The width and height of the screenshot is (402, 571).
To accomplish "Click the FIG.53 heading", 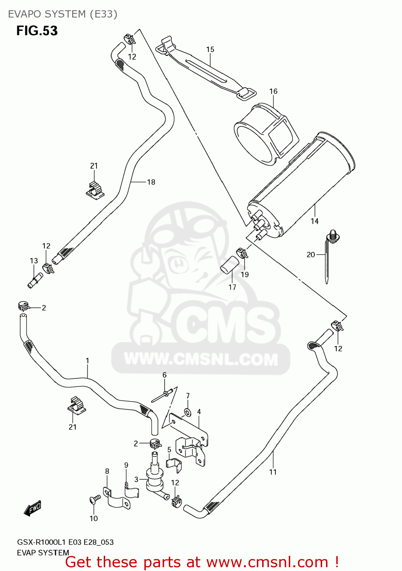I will pyautogui.click(x=37, y=31).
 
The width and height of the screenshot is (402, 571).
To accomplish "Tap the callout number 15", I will pyautogui.click(x=210, y=49).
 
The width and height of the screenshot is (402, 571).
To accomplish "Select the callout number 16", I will pyautogui.click(x=273, y=91).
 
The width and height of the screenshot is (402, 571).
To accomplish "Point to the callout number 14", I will pyautogui.click(x=314, y=221).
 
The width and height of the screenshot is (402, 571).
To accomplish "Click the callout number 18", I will pyautogui.click(x=151, y=182).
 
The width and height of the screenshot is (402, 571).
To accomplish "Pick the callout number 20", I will pyautogui.click(x=310, y=255).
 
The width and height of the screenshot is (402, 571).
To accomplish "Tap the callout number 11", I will pyautogui.click(x=273, y=472).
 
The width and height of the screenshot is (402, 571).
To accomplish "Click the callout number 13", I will pyautogui.click(x=34, y=261).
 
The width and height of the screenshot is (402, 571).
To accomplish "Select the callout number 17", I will pyautogui.click(x=232, y=287).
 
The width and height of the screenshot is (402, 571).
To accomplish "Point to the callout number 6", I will pyautogui.click(x=165, y=375).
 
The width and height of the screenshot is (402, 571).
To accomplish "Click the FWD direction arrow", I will pyautogui.click(x=32, y=508).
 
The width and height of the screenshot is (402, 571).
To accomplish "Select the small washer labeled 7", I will pyautogui.click(x=187, y=412).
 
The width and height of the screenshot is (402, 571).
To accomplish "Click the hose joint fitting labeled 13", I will pyautogui.click(x=35, y=281).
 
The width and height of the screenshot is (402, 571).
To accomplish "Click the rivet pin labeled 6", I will pyautogui.click(x=163, y=395).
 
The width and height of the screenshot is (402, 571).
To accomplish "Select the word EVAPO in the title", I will pyautogui.click(x=25, y=14).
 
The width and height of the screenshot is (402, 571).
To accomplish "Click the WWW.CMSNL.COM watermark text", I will pyautogui.click(x=201, y=359).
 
